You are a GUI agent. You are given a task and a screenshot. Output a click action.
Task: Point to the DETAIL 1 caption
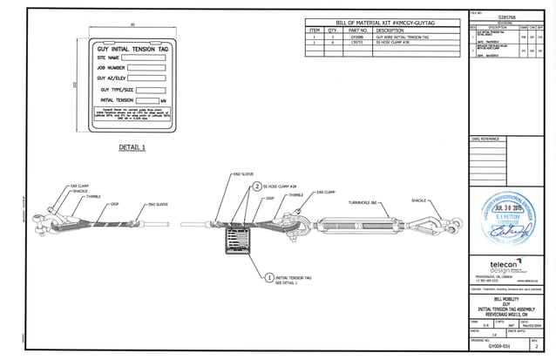[x=132, y=147]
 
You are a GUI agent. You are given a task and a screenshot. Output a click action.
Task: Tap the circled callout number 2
[x=257, y=187]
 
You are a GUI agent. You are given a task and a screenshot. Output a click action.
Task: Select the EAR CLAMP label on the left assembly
[x=81, y=185]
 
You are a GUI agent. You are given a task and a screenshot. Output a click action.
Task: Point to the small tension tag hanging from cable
[x=236, y=241]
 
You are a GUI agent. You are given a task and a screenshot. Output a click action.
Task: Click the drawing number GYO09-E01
[x=500, y=346]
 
